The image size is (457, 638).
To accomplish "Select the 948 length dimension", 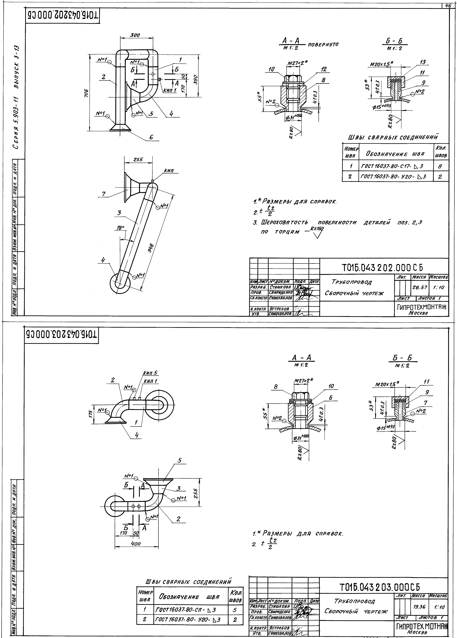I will [x=151, y=248].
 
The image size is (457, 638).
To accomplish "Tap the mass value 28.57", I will [x=419, y=288].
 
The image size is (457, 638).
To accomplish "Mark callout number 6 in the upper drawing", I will [x=151, y=137].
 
